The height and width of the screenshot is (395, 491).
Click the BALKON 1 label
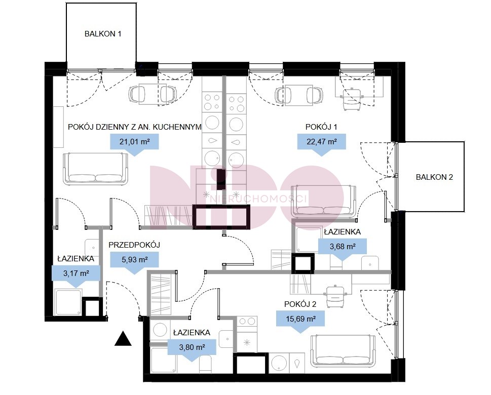click(103, 34)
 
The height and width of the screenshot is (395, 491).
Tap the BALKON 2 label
click(434, 177)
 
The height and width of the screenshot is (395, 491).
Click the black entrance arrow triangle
click(123, 339)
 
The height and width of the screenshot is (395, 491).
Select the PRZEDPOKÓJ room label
click(134, 245)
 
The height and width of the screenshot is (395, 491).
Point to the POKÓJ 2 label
click(300, 304)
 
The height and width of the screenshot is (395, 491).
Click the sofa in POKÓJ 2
click(344, 350)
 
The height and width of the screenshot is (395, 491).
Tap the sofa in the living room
click(96, 169)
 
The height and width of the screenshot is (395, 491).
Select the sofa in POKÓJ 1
click(324, 201)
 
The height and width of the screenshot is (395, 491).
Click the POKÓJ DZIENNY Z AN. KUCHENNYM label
click(135, 127)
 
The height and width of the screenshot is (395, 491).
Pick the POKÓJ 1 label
click(321, 127)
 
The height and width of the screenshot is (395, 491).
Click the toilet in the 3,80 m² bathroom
click(205, 364)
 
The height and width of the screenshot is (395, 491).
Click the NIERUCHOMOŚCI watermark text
click(258, 199)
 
